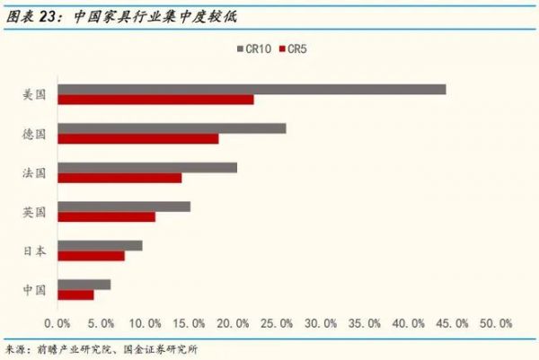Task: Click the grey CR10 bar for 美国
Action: click(x=252, y=89)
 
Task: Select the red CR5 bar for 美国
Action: click(x=155, y=100)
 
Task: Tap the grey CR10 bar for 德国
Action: click(x=172, y=128)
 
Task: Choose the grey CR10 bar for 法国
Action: click(x=147, y=167)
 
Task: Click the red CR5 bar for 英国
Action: click(x=106, y=216)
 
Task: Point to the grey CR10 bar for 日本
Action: click(x=100, y=245)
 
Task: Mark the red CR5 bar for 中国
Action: click(x=75, y=294)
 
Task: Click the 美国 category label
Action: click(x=34, y=94)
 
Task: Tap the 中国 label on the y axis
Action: click(x=34, y=289)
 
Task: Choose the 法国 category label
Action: click(x=34, y=172)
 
